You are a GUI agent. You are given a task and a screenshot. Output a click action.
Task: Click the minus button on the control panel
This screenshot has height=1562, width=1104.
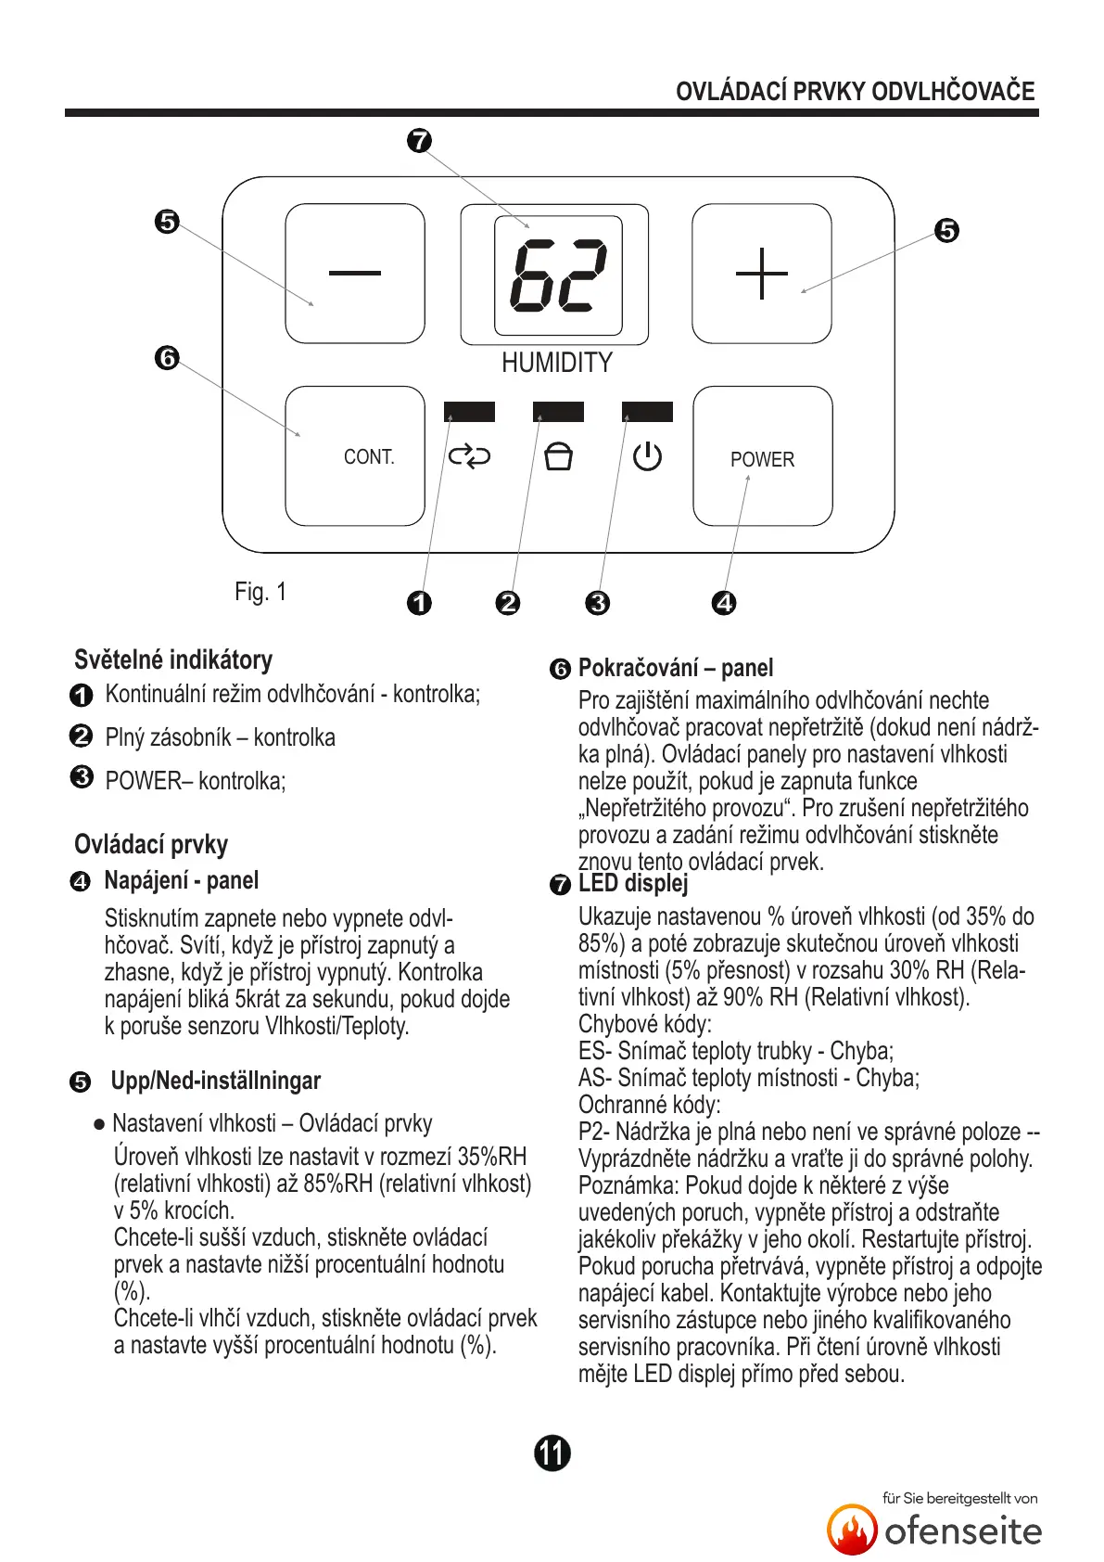coord(355,273)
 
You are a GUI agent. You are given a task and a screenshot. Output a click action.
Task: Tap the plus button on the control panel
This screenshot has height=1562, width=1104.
coord(761,274)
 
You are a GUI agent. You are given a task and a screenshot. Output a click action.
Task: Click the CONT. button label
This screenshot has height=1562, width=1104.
coord(369,457)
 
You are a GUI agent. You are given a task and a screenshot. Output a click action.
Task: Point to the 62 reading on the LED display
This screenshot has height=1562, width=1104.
coord(558,275)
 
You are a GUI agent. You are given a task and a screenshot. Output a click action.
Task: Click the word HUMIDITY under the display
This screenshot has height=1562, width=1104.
coord(557,363)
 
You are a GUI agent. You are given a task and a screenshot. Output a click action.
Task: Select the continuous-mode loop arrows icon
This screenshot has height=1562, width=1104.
coord(469,456)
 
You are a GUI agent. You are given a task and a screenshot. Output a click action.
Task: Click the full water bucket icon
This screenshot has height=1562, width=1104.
coord(558,456)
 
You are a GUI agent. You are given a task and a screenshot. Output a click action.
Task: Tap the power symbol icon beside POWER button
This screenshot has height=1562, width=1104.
coord(647,456)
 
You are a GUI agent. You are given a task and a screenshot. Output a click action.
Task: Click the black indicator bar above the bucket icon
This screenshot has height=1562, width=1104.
coord(558,412)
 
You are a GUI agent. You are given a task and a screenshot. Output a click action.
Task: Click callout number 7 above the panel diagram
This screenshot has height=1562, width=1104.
coord(420,141)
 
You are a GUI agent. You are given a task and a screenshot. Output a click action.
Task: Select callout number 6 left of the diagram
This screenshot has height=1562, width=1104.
coord(167,357)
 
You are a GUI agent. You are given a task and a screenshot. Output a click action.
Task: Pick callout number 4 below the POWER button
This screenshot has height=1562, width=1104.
coord(724,603)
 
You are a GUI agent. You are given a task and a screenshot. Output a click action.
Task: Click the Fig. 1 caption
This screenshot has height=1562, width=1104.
coord(260,592)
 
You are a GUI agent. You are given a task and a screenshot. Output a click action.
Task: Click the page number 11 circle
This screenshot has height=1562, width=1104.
coord(552,1453)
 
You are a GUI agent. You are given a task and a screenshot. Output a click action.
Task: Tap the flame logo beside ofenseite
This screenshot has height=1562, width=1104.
coord(852,1529)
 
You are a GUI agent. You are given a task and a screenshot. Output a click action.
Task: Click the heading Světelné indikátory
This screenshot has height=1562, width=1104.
coord(173,660)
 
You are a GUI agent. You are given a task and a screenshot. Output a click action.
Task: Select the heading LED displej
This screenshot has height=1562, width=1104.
coord(633,884)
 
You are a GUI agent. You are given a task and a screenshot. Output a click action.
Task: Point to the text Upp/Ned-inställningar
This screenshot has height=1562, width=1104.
coord(216,1081)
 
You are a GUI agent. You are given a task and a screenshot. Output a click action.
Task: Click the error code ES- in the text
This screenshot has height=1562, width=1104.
coord(594,1051)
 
